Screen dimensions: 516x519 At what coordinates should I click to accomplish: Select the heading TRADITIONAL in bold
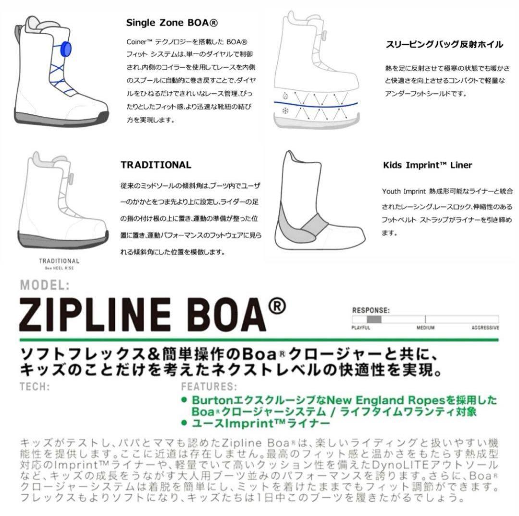coord(156,165)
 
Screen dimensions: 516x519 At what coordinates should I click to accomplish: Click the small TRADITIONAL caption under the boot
coord(59,261)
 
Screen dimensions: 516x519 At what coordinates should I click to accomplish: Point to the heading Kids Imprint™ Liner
coord(427,165)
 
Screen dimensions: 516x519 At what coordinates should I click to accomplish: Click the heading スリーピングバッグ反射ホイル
coord(445,45)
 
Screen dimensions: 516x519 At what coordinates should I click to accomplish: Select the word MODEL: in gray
coord(45,285)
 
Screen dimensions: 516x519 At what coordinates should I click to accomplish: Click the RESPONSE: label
coord(371,310)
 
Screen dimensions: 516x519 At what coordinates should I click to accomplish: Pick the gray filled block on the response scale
coord(374,319)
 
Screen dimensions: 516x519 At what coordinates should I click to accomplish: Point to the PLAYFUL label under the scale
coord(361,328)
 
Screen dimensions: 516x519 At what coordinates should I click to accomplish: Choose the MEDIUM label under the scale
coord(425,328)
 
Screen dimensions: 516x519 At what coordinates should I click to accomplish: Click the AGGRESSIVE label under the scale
coord(485,328)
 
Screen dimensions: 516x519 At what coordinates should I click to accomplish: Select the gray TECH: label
coord(36,386)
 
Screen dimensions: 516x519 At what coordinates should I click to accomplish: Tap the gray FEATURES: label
coord(209,386)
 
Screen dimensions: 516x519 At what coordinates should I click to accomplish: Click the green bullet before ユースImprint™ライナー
coord(184,423)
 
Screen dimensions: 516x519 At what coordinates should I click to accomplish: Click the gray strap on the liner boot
coord(315,222)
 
